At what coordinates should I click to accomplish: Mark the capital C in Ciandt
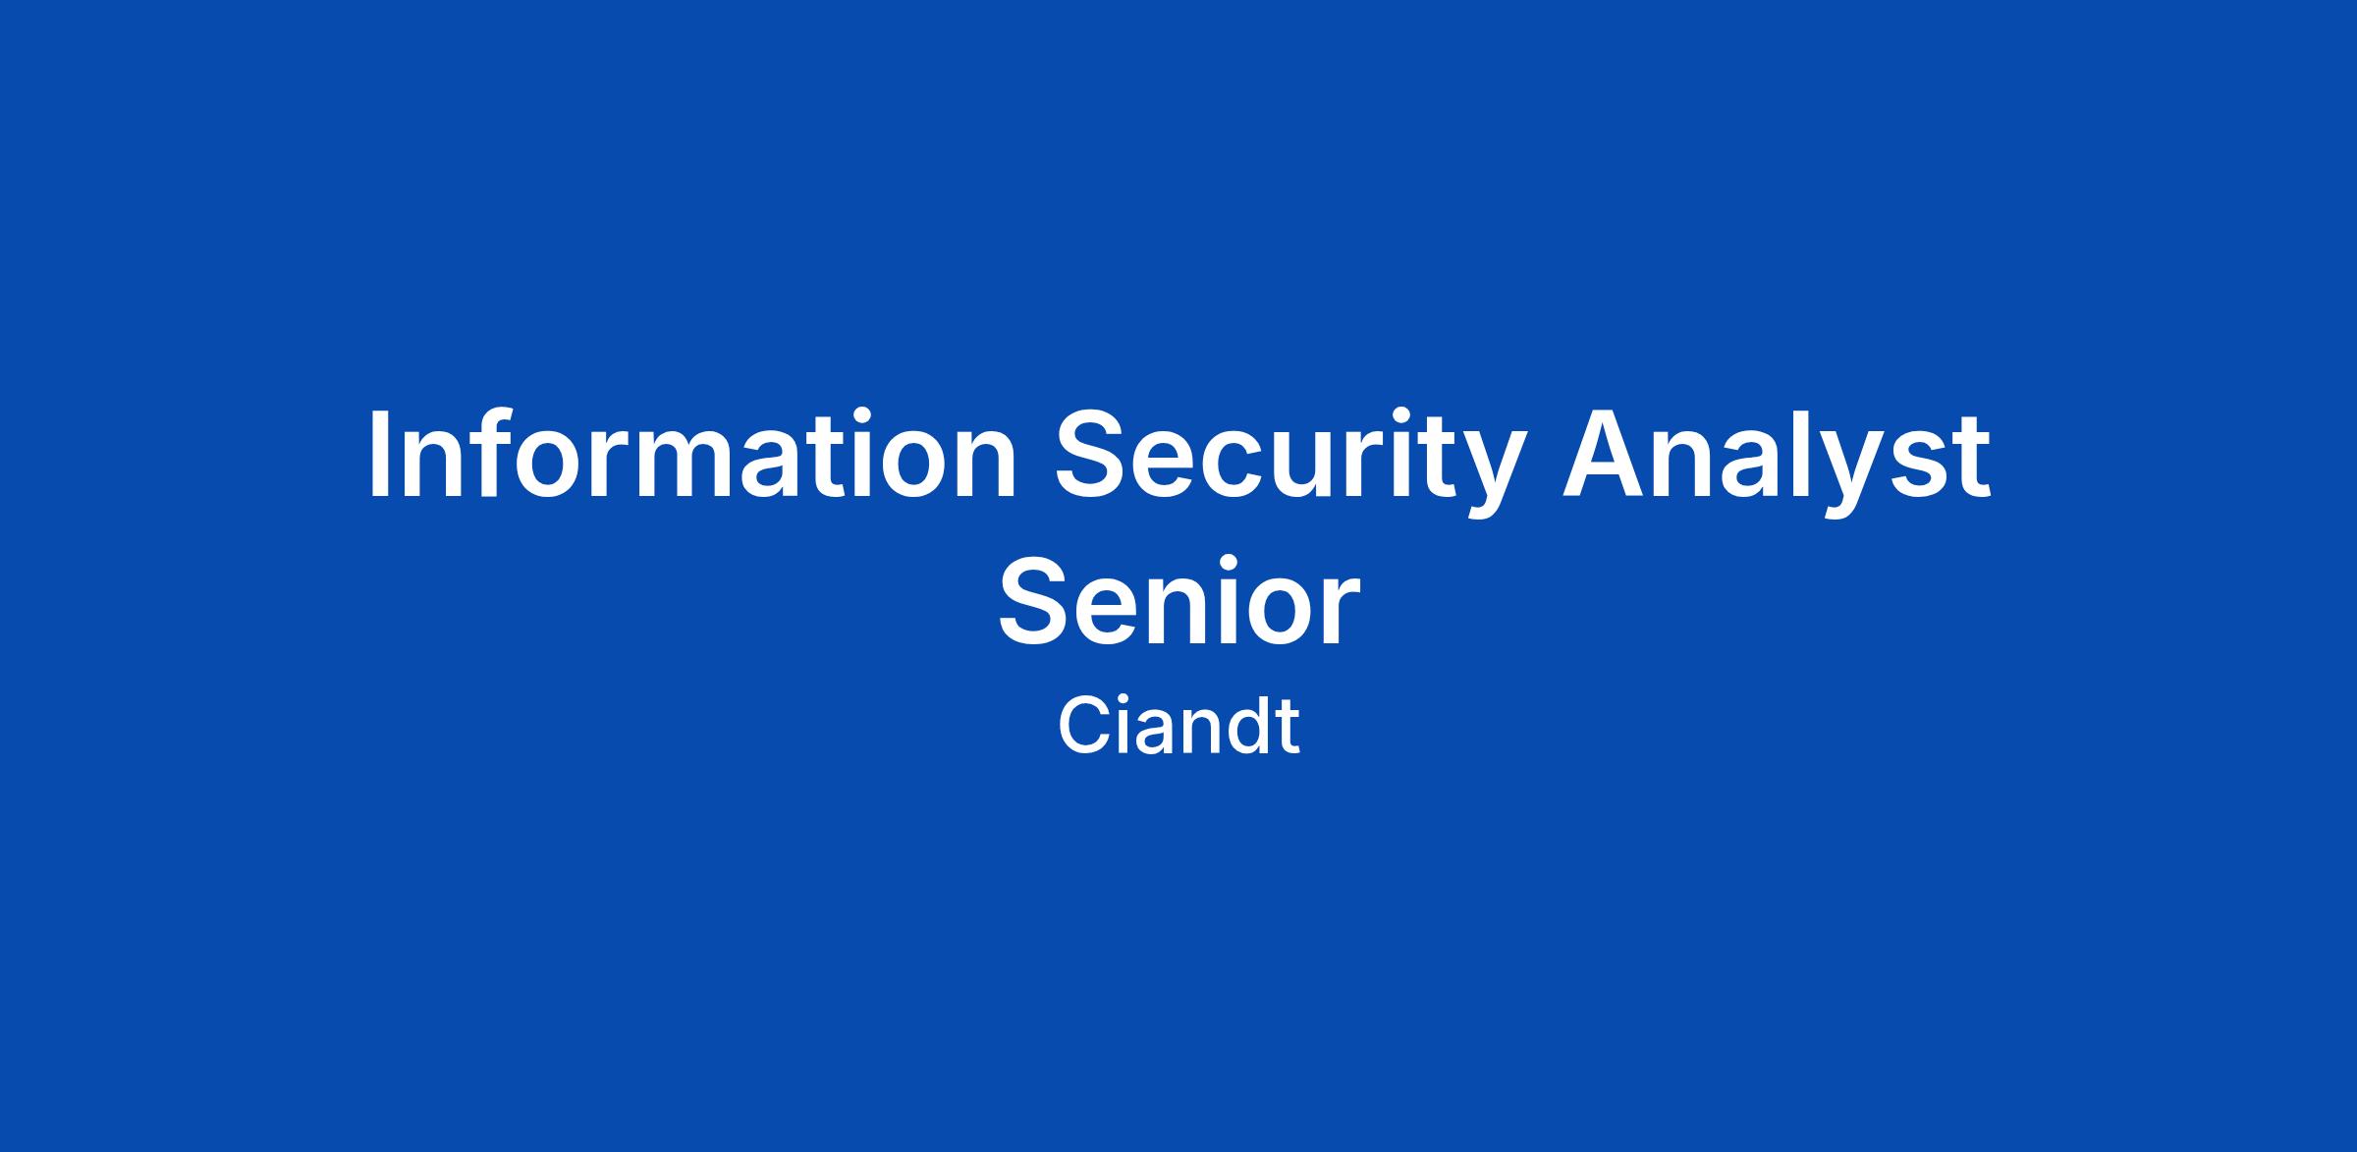click(x=1083, y=726)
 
